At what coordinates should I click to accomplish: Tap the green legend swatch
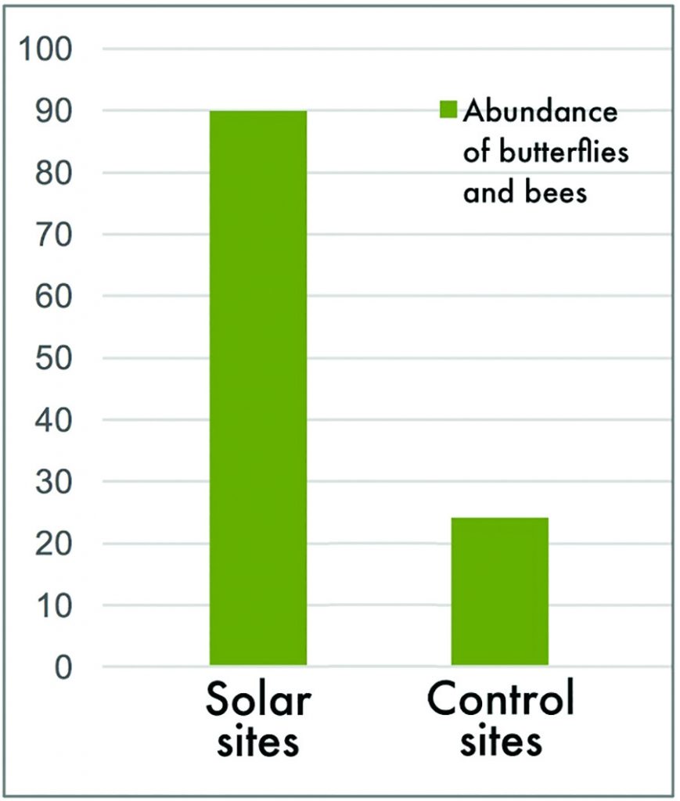coord(447,111)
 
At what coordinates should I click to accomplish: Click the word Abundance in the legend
coord(540,112)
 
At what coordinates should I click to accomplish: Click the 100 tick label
coord(50,50)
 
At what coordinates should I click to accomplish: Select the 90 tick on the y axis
coord(56,111)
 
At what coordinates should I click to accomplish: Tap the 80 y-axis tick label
coord(56,173)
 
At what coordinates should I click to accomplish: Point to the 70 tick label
coord(56,235)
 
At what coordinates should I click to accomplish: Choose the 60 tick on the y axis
coord(56,296)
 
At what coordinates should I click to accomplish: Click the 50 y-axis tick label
coord(56,358)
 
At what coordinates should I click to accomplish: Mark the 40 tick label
coord(56,420)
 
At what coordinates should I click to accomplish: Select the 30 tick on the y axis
coord(56,482)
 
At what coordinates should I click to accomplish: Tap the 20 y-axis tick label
coord(56,544)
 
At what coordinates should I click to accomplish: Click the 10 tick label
coord(56,605)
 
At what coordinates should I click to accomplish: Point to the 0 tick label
coord(64,667)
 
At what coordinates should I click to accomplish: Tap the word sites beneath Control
coord(500,742)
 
